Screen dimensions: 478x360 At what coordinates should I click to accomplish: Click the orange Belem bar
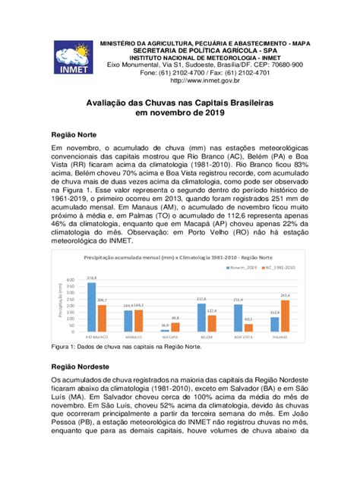pos(211,322)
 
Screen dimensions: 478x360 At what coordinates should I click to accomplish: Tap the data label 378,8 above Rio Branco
pos(92,278)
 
